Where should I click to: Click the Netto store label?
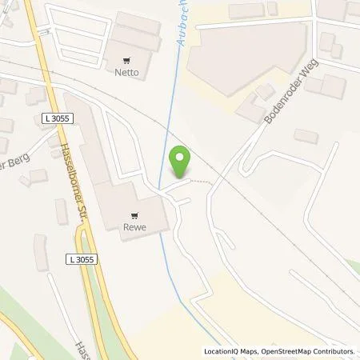128,71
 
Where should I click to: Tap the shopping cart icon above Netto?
128,58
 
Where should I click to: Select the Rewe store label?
132,226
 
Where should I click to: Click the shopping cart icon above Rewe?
132,214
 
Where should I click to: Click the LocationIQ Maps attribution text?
233,351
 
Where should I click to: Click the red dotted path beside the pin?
205,181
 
